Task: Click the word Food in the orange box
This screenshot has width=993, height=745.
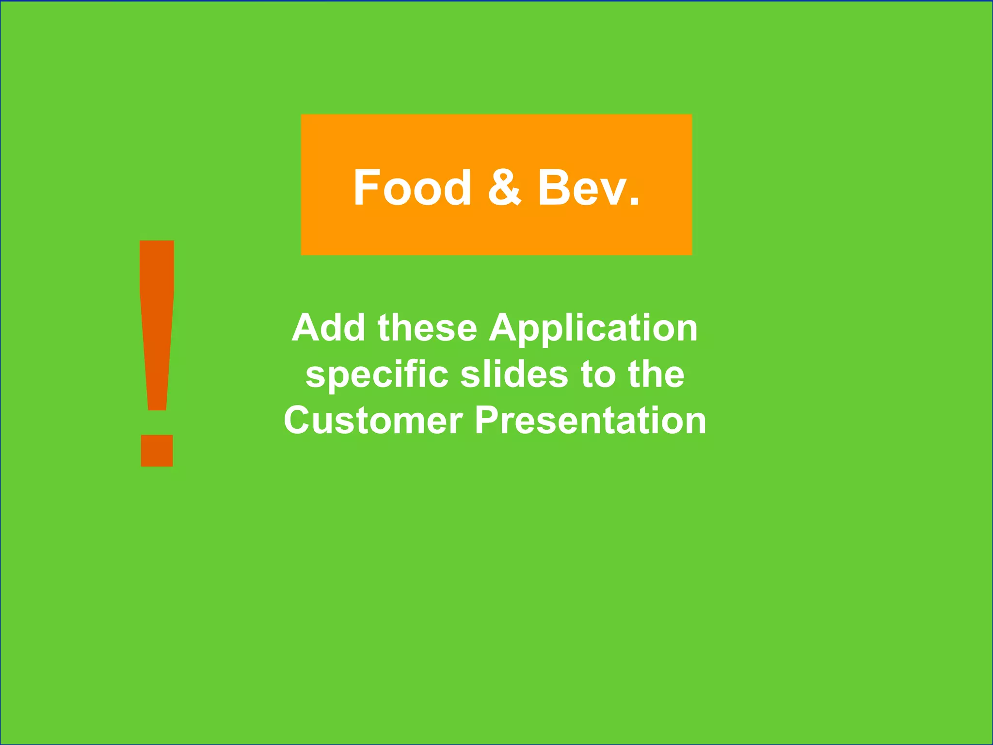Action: pos(412,188)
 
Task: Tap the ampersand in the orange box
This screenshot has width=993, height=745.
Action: pos(504,188)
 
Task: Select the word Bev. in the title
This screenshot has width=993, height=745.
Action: pos(589,188)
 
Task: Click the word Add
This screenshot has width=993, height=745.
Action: pos(328,328)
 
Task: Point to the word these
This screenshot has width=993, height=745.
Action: pos(427,328)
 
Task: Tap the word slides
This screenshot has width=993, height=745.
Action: pos(514,374)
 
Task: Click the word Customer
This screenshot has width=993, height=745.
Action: pos(373,420)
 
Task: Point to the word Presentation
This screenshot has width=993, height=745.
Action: pos(590,420)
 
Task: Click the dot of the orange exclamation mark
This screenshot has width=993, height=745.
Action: pos(157,450)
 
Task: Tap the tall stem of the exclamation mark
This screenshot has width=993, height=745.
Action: pos(157,320)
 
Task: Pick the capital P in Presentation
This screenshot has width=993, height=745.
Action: pos(487,420)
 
